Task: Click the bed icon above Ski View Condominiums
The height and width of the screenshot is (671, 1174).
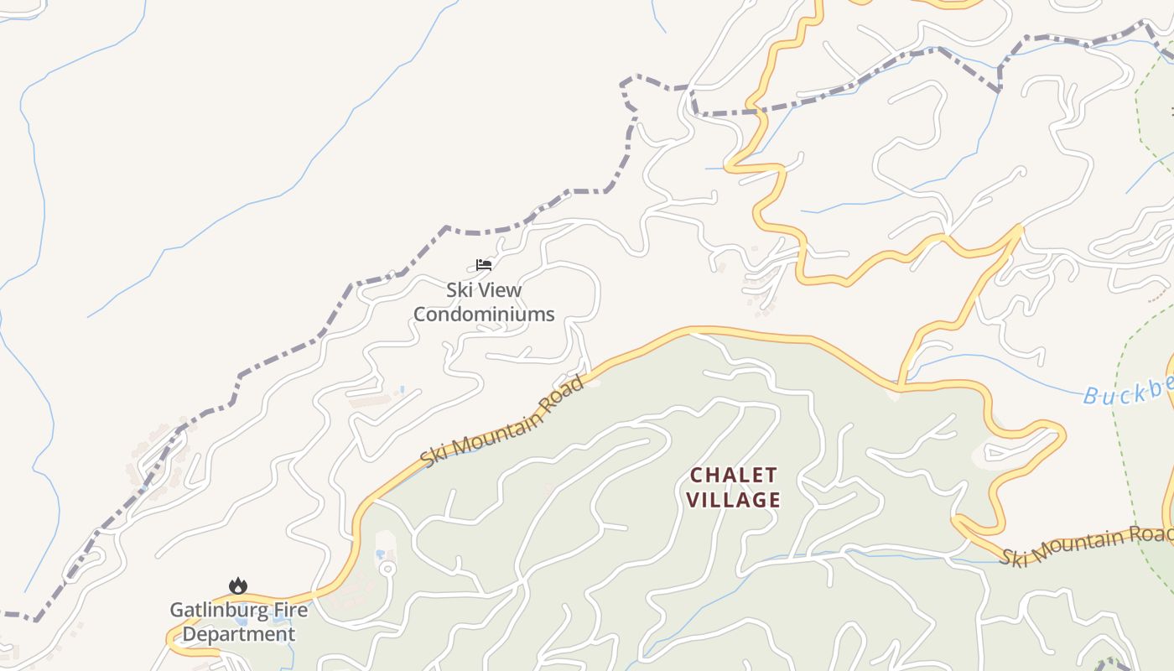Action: pyautogui.click(x=483, y=265)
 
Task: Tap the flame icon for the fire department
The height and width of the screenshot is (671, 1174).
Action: pyautogui.click(x=238, y=585)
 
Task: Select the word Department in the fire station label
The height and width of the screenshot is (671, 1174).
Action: pyautogui.click(x=239, y=634)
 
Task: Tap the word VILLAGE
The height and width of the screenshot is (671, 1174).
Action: pyautogui.click(x=734, y=501)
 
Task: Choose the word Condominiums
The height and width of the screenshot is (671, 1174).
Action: pyautogui.click(x=484, y=315)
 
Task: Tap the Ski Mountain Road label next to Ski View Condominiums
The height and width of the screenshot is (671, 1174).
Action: pyautogui.click(x=501, y=423)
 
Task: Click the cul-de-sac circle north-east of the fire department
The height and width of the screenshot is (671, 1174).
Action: pyautogui.click(x=387, y=569)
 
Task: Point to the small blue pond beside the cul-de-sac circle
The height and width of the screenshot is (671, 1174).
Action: pyautogui.click(x=380, y=554)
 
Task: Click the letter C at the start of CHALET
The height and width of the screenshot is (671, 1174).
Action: pyautogui.click(x=695, y=476)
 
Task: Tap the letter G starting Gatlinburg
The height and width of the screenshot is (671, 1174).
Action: pyautogui.click(x=177, y=610)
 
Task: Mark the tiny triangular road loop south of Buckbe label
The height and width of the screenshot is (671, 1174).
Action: pyautogui.click(x=995, y=454)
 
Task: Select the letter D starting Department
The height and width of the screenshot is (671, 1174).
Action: pyautogui.click(x=189, y=634)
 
